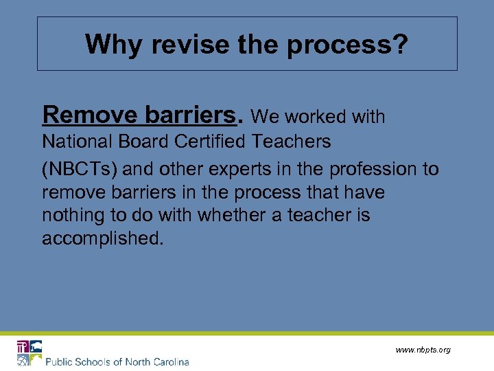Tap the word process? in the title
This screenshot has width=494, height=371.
pos(347,46)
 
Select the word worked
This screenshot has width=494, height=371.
pos(313,117)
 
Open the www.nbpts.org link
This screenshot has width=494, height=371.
pos(423,350)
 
